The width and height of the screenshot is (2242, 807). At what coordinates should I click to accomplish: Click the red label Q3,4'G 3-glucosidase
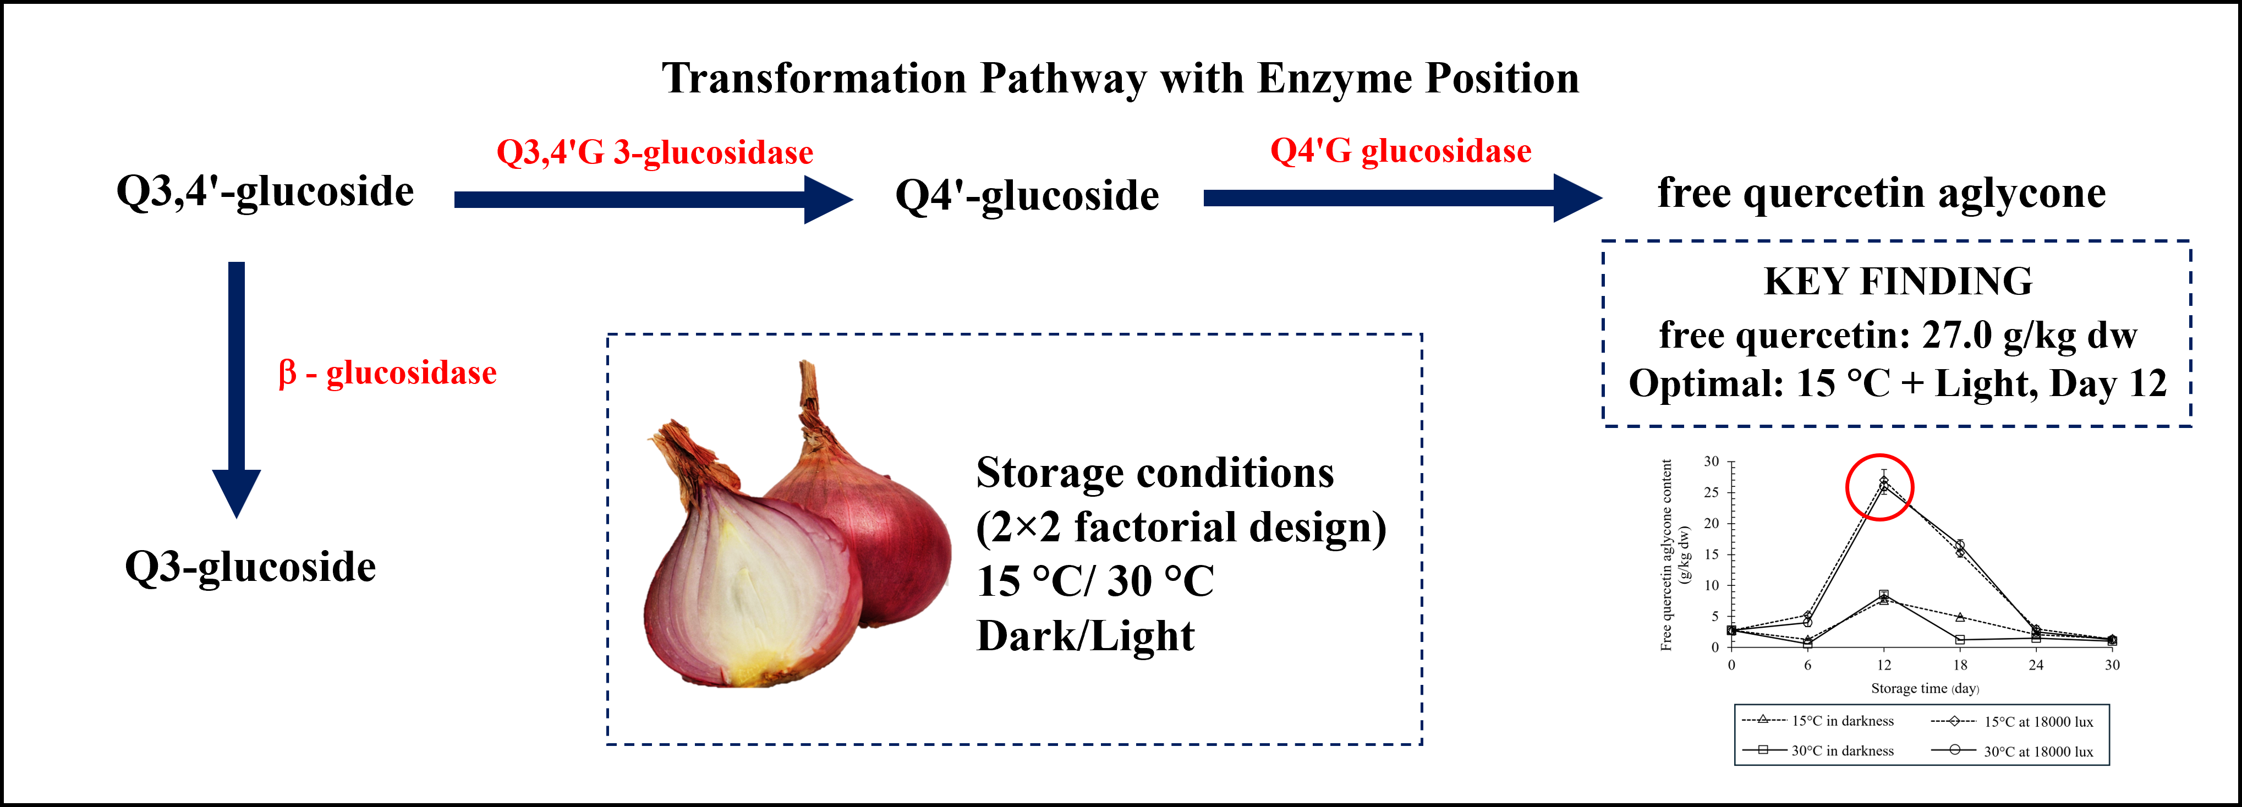pos(655,152)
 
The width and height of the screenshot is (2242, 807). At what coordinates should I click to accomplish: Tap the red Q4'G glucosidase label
pos(1400,151)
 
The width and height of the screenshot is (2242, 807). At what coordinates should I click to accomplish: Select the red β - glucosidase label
pos(387,374)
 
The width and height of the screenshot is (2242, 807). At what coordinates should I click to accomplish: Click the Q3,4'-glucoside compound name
pos(265,191)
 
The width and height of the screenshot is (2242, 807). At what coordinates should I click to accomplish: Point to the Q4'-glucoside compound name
pos(1027,195)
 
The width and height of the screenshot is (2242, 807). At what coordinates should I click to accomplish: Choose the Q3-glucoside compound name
pos(251,567)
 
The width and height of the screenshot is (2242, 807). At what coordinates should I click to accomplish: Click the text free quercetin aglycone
pos(1882,193)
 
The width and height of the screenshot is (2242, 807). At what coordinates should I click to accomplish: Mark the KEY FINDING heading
pos(1898,281)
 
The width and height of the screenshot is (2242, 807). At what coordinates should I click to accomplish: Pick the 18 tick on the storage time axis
pos(1960,665)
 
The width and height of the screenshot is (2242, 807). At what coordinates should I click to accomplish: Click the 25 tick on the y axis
pos(1711,493)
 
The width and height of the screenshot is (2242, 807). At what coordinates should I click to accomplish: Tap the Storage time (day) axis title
pos(1925,689)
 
